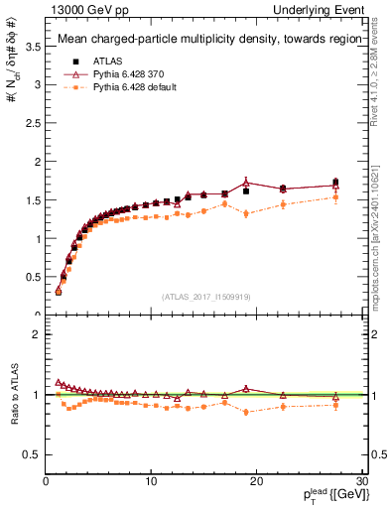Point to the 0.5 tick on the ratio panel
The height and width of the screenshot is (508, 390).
[34, 454]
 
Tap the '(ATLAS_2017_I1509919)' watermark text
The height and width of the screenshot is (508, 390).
[204, 296]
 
